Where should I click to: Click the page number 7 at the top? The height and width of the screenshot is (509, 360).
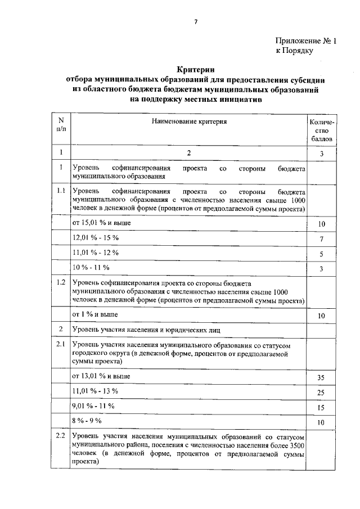tap(196, 21)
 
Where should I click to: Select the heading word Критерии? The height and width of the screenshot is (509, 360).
tap(195, 68)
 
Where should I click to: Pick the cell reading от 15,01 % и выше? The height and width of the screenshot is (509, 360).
tap(102, 223)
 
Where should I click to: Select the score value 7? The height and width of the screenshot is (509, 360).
tap(322, 240)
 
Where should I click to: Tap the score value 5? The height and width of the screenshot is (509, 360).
tap(322, 255)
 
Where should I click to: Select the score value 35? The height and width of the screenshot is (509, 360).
tap(322, 377)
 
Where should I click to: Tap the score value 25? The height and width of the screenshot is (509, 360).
tap(322, 392)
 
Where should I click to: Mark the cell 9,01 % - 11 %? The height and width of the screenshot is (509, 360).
tap(93, 405)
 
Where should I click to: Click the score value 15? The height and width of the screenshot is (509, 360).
tap(322, 407)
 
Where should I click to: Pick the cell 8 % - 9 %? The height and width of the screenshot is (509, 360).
tap(87, 420)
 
